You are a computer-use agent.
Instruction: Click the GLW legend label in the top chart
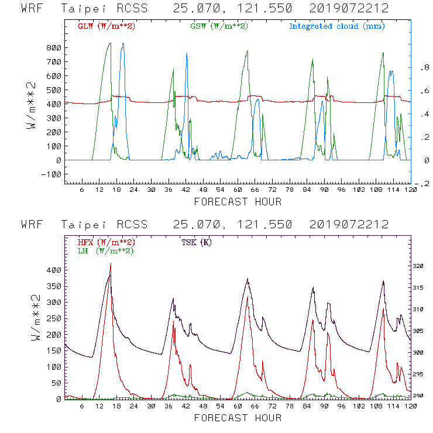coord(106,26)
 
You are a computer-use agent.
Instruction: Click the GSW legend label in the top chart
coord(219,26)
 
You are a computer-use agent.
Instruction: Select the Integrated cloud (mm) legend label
coord(336,26)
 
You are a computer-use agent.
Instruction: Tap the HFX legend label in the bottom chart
coord(106,242)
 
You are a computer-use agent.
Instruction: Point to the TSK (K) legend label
coord(197,242)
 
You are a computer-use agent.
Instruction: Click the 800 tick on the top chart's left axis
coord(54,48)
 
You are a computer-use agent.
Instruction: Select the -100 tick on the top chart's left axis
coord(51,174)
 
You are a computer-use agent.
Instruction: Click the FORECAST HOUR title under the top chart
coord(237,202)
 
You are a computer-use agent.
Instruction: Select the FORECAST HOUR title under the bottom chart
coord(237,418)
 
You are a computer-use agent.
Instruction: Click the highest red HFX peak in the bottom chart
coord(110,264)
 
